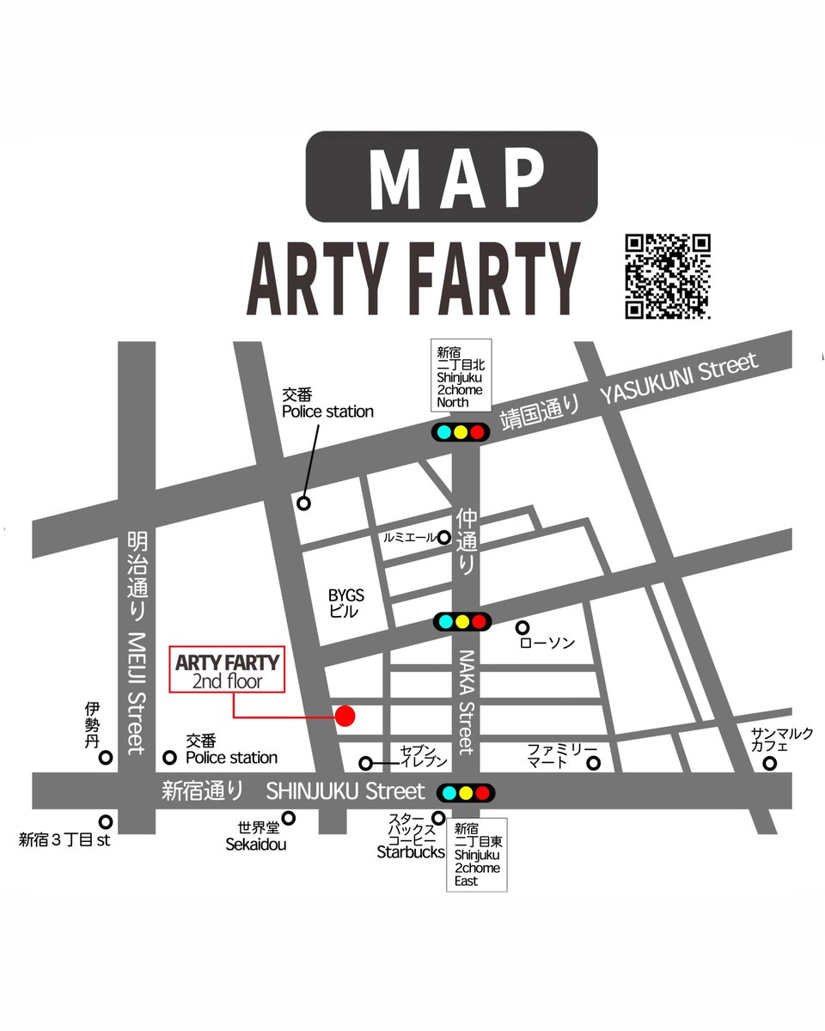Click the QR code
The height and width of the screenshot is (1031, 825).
667,276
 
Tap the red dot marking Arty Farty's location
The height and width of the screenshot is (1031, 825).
345,716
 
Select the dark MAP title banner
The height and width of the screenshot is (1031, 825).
451,175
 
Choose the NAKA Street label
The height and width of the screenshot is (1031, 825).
465,700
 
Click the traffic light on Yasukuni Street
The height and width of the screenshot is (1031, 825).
461,432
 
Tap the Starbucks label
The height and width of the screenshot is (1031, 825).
411,852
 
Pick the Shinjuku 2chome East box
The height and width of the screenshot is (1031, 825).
477,854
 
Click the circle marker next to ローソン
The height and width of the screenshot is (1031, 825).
521,627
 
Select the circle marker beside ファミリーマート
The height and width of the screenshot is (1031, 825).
593,762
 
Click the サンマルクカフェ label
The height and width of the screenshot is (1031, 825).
770,738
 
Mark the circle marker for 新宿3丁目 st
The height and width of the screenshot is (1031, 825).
105,821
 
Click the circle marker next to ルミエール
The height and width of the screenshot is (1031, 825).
444,537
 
